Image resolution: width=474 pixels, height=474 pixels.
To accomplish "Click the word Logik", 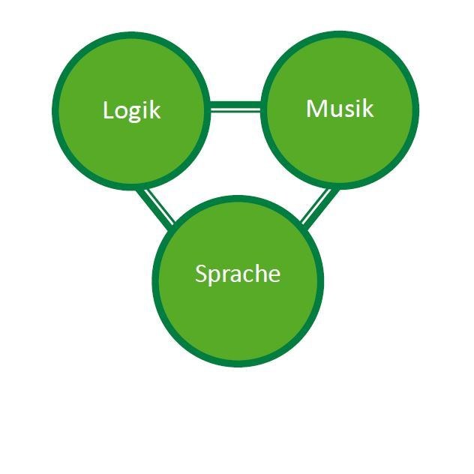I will pyautogui.click(x=131, y=110).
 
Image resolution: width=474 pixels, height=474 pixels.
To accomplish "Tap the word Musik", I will pyautogui.click(x=339, y=109).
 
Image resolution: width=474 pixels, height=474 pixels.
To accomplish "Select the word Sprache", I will pyautogui.click(x=237, y=274).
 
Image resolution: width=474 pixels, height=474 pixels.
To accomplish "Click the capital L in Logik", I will pyautogui.click(x=108, y=110).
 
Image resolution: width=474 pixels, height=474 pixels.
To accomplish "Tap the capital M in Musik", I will pyautogui.click(x=316, y=109).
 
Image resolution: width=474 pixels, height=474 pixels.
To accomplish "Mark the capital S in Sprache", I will pyautogui.click(x=200, y=274).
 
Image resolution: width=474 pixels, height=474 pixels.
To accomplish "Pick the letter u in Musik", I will pyautogui.click(x=334, y=110).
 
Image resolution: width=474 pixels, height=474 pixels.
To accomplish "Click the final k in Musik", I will pyautogui.click(x=367, y=109).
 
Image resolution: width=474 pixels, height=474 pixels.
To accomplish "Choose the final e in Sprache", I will pyautogui.click(x=274, y=275).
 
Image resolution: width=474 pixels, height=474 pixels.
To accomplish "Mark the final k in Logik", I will pyautogui.click(x=155, y=110).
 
